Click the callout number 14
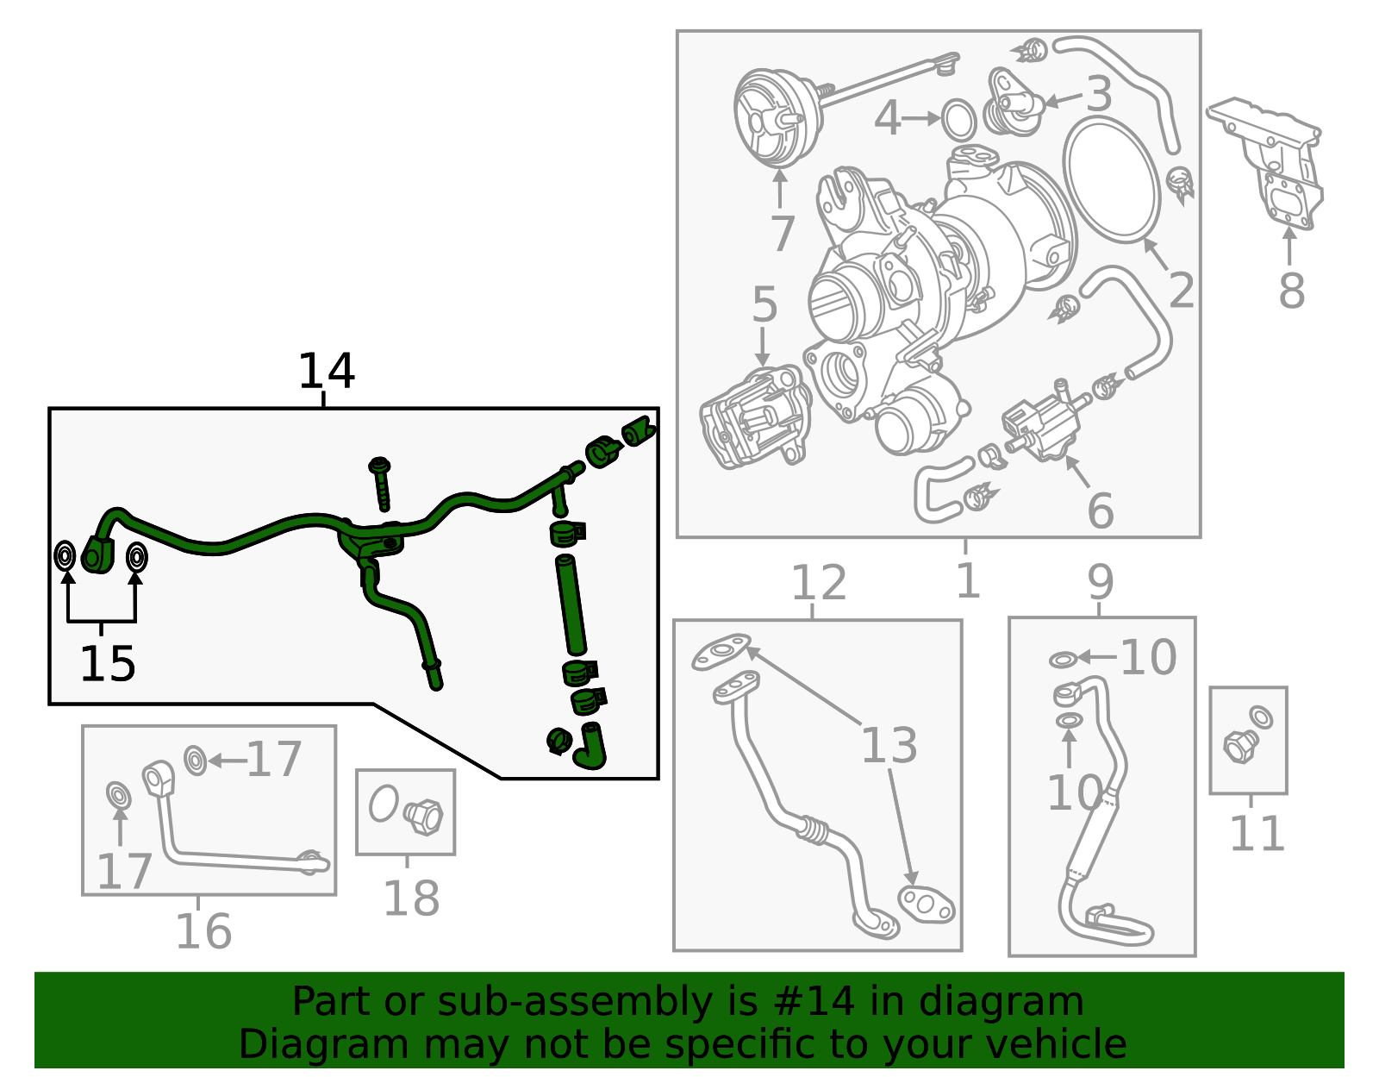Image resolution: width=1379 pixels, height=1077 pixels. pyautogui.click(x=326, y=371)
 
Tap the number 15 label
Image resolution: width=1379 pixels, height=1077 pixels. pyautogui.click(x=107, y=664)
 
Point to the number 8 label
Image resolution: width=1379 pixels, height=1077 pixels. pyautogui.click(x=1291, y=291)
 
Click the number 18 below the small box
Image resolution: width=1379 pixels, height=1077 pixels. pyautogui.click(x=411, y=898)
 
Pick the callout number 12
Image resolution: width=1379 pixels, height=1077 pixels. pyautogui.click(x=819, y=582)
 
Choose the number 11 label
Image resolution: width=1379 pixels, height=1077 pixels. pyautogui.click(x=1257, y=833)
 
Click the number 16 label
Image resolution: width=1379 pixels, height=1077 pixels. pyautogui.click(x=203, y=931)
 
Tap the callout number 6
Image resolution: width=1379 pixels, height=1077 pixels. pyautogui.click(x=1101, y=510)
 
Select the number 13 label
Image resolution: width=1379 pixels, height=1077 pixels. pyautogui.click(x=889, y=744)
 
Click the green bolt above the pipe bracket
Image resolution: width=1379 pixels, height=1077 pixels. pyautogui.click(x=382, y=484)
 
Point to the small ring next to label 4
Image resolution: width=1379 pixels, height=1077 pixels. pyautogui.click(x=958, y=120)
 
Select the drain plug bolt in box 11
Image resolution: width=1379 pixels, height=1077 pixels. pyautogui.click(x=1240, y=747)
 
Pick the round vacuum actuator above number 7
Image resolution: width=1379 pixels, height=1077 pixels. pyautogui.click(x=778, y=118)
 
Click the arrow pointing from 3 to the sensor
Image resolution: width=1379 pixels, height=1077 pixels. pyautogui.click(x=1064, y=99)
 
